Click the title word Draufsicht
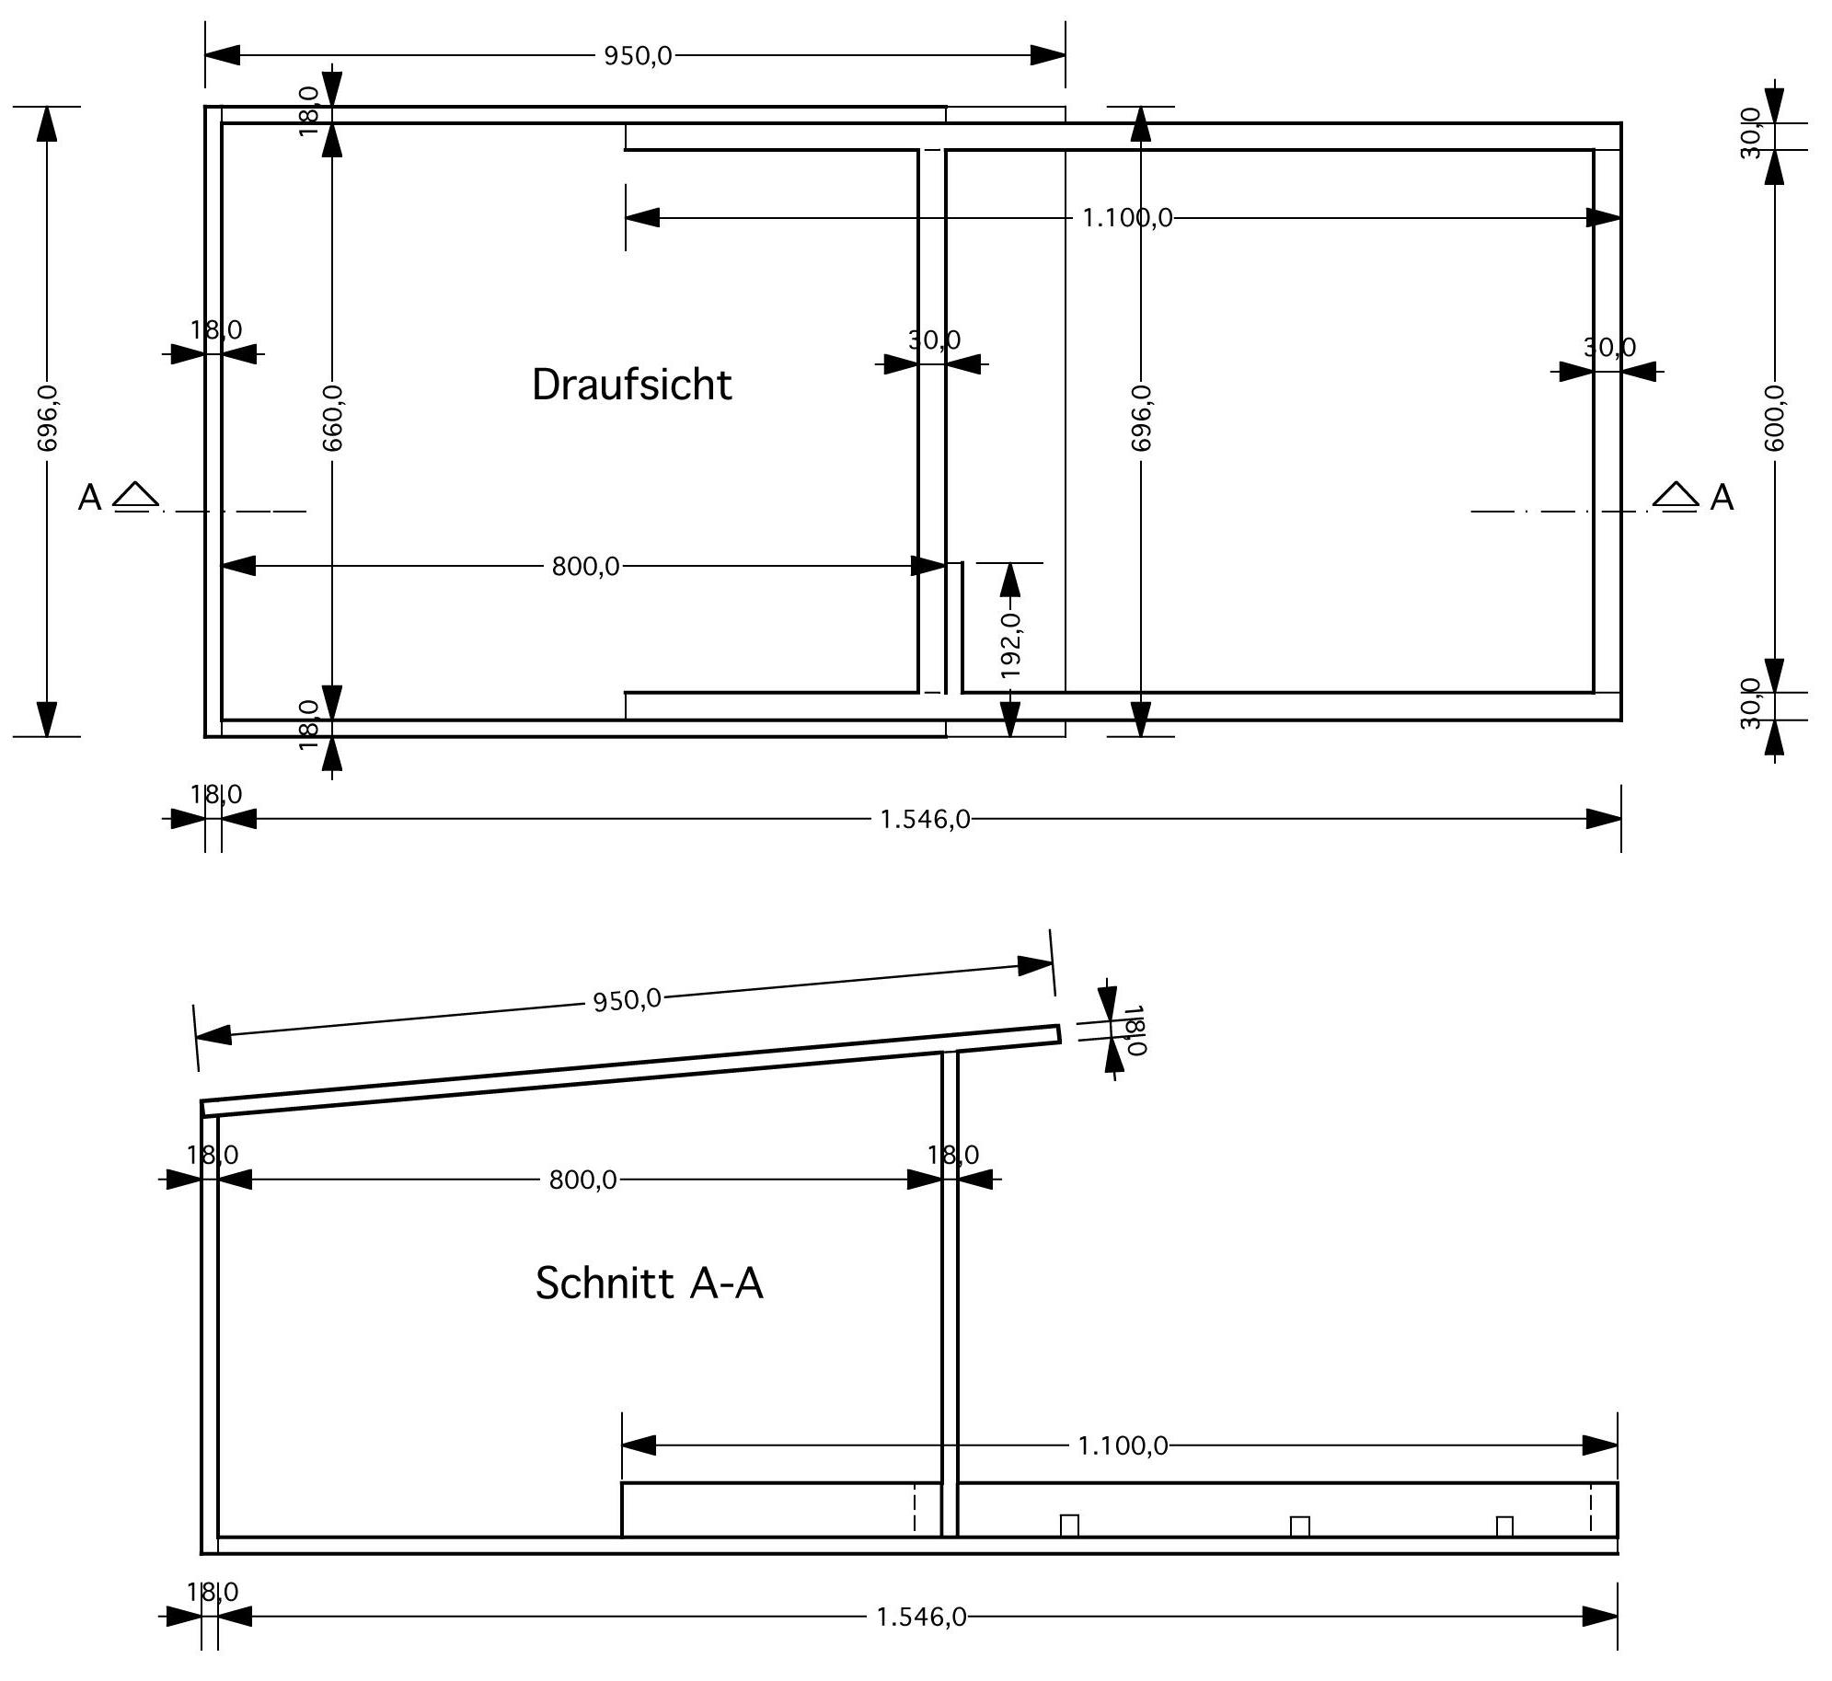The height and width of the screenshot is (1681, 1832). [x=631, y=385]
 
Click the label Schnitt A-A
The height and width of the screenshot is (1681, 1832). [x=649, y=1283]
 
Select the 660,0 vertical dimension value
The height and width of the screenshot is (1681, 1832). [x=332, y=418]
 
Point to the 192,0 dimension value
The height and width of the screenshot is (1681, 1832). [x=1011, y=645]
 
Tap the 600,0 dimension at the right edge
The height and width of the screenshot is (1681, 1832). [x=1774, y=418]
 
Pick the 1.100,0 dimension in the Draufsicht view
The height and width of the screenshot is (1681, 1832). [x=1127, y=218]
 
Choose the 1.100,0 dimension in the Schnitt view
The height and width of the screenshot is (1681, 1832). [x=1123, y=1445]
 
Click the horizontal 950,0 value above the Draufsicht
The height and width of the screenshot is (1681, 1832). [x=638, y=56]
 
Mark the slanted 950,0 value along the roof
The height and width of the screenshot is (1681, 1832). [x=627, y=999]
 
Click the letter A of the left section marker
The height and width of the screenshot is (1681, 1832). [x=89, y=498]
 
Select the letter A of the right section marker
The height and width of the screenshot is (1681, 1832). [x=1722, y=498]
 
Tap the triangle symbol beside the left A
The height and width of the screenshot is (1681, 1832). [x=135, y=494]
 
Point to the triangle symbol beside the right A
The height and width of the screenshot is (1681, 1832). [x=1676, y=494]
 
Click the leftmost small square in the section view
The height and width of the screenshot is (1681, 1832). [x=1069, y=1526]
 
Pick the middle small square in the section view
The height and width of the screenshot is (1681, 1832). [x=1299, y=1526]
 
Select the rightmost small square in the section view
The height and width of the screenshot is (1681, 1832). [x=1504, y=1526]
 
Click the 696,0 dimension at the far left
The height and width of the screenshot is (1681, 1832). [x=47, y=418]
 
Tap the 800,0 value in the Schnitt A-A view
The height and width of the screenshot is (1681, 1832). [x=582, y=1180]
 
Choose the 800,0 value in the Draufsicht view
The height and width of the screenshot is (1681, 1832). [x=585, y=566]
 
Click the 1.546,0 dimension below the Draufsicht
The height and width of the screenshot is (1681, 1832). [x=925, y=819]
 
